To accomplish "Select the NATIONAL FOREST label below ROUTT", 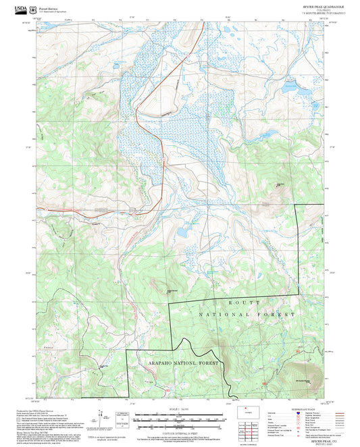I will [247, 315].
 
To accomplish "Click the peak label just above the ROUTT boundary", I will [173, 291].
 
